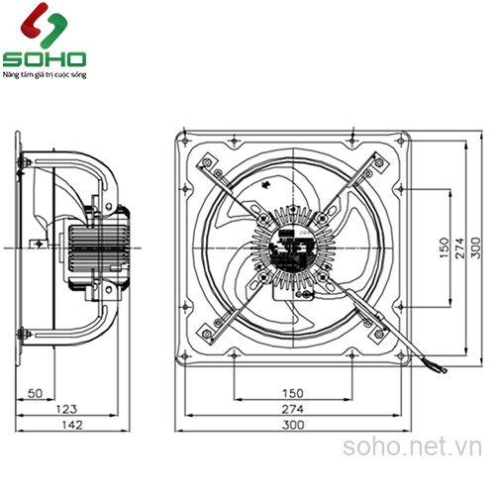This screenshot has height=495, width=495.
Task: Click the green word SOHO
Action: (x=45, y=58)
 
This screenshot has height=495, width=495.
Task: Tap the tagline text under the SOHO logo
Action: (x=46, y=74)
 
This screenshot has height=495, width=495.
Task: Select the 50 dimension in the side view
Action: (x=36, y=394)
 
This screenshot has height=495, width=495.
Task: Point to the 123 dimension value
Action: (x=66, y=410)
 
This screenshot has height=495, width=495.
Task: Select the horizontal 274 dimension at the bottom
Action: (x=290, y=410)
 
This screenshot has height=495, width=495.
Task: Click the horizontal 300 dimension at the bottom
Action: (x=290, y=426)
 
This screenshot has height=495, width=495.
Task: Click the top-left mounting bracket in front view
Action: (x=209, y=164)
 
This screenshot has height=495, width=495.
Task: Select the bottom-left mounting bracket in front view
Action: (x=209, y=330)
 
